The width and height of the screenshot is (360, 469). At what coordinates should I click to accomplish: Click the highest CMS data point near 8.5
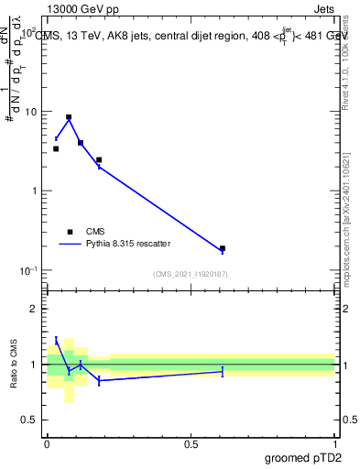69,117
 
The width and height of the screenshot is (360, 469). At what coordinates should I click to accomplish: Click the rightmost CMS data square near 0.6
223,248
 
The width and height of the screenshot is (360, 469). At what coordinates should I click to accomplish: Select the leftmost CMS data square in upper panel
56,148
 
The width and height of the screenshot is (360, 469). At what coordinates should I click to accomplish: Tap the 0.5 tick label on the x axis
191,442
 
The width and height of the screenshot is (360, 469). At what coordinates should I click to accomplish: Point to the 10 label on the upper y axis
31,112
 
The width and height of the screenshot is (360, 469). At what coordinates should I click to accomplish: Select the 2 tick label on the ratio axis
36,309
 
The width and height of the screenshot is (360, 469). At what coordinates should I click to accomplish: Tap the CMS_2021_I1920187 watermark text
191,274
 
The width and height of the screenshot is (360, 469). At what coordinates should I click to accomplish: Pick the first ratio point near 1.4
56,341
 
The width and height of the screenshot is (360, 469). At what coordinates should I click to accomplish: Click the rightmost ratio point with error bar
223,371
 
